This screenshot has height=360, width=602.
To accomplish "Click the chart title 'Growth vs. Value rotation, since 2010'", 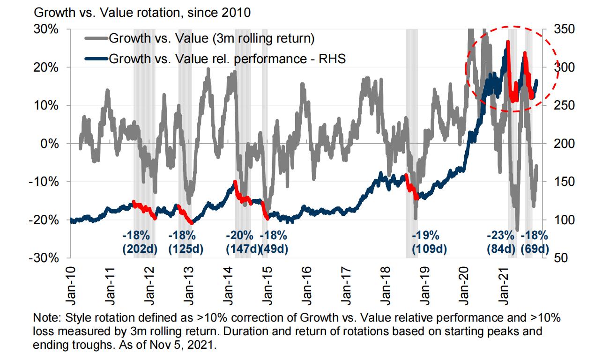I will pos(141,13).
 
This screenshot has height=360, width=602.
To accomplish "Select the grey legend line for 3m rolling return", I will pos(96,38).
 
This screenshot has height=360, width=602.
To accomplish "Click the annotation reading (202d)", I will pos(140,250).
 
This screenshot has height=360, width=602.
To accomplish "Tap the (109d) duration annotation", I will pos(430,250).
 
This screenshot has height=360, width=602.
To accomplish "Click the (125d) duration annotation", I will pos(186,250).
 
